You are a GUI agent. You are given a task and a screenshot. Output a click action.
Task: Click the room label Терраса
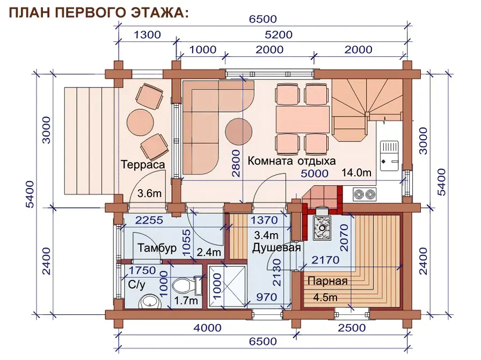(x=143, y=164)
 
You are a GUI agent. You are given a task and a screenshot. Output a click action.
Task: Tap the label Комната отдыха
(x=291, y=161)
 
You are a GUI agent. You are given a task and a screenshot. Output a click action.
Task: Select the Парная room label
(x=327, y=281)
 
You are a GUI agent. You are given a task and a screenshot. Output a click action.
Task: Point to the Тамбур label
(x=157, y=248)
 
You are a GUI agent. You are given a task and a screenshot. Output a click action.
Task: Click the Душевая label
(x=276, y=248)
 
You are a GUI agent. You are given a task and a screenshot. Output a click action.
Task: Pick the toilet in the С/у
(x=187, y=285)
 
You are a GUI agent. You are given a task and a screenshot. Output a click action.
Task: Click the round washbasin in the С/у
(x=150, y=301)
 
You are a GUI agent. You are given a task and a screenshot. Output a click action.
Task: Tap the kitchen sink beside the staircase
(x=390, y=156)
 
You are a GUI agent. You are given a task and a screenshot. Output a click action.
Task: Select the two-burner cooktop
(x=365, y=194)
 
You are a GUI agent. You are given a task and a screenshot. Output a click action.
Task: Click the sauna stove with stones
(x=322, y=228)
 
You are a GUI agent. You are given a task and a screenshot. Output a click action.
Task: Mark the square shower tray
(x=227, y=286)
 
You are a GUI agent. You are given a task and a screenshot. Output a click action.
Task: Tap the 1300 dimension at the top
(x=147, y=35)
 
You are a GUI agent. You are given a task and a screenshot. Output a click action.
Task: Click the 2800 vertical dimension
(x=236, y=163)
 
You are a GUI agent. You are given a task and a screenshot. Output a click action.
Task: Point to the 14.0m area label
(x=356, y=172)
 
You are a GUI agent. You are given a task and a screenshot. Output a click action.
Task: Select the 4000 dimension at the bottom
(x=207, y=328)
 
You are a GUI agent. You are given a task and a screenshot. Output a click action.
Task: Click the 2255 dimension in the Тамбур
(x=149, y=220)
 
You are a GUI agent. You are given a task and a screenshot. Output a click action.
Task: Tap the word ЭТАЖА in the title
(x=163, y=12)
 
